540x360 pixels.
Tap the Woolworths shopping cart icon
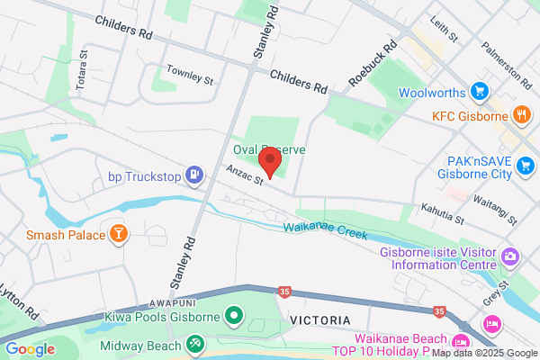(480, 92)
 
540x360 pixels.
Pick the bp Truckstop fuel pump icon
(193, 173)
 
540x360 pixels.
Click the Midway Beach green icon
(195, 343)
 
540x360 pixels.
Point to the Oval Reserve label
(270, 149)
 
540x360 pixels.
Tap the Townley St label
(190, 74)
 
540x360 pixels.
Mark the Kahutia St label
(442, 213)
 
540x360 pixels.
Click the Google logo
(30, 349)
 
